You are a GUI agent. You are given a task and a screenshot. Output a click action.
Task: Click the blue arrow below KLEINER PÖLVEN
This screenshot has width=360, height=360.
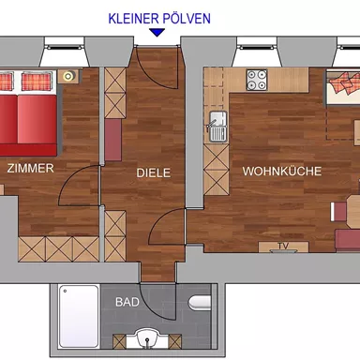[157, 33]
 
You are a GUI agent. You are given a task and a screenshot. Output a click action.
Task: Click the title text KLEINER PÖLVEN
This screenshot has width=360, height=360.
[158, 18]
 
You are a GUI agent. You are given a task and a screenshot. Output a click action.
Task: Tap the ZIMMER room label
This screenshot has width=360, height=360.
[30, 169]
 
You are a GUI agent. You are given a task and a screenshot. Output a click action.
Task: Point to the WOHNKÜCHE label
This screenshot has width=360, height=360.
[282, 172]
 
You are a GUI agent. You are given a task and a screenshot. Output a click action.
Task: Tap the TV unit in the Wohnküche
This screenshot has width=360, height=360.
[282, 247]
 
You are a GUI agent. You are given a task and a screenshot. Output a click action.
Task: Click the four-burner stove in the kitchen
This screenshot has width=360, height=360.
[258, 81]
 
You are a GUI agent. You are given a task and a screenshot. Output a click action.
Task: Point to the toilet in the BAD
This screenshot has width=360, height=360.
[199, 302]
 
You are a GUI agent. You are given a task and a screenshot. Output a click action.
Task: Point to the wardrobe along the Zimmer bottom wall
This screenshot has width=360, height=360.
[58, 247]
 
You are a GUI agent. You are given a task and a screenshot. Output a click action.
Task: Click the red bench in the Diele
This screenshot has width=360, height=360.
[113, 140]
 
